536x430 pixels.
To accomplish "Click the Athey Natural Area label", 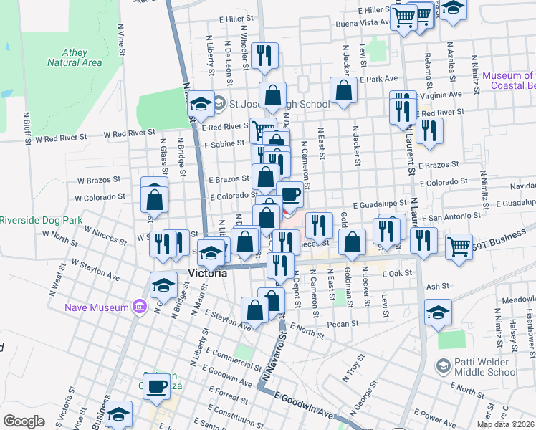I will (75, 57).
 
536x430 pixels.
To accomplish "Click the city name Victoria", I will (207, 274).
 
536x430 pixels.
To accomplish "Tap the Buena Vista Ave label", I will (363, 23).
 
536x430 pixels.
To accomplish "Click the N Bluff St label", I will (27, 128).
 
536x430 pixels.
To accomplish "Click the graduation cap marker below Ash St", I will (438, 311).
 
